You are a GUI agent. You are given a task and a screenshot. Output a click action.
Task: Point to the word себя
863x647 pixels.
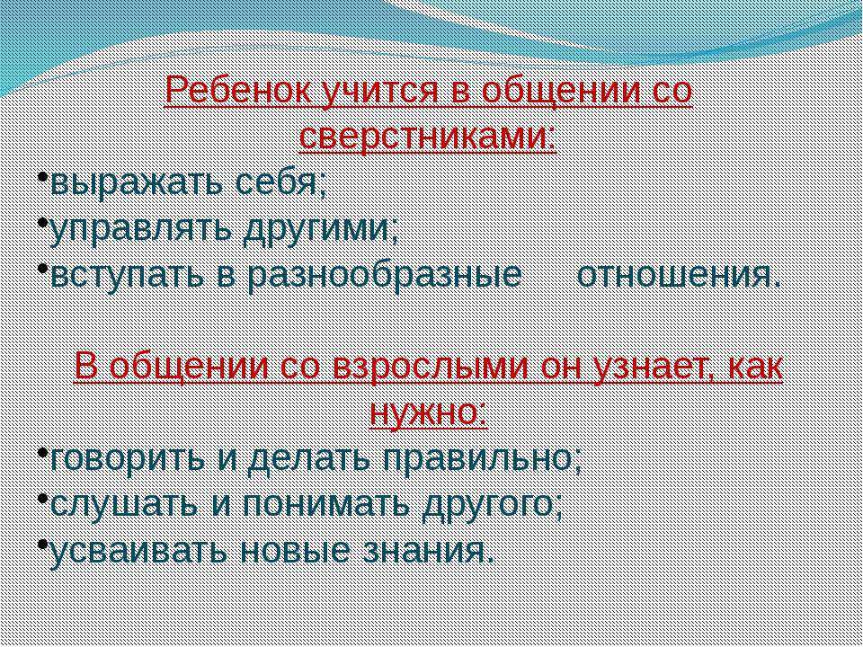(280, 182)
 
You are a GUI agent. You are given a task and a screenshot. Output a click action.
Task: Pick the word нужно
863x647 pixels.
(428, 413)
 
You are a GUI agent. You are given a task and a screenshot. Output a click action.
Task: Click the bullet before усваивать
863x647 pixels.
(43, 544)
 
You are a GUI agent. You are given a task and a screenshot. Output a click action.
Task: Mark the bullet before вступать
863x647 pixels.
(43, 268)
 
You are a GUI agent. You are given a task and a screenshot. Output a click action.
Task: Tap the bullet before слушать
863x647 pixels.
(43, 498)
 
